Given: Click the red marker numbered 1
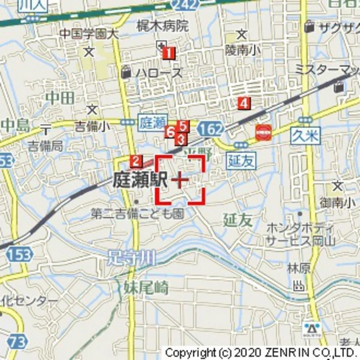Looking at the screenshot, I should [168, 53].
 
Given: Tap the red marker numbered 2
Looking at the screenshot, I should [136, 161].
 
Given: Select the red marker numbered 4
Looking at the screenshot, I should [243, 102].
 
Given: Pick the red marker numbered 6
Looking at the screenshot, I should [170, 132].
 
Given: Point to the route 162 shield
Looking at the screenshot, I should [210, 129].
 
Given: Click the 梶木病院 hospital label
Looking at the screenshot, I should [163, 26].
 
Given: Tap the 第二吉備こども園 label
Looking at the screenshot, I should [137, 213].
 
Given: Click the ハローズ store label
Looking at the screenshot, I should [158, 73].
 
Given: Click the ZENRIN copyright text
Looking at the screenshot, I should [261, 353].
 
